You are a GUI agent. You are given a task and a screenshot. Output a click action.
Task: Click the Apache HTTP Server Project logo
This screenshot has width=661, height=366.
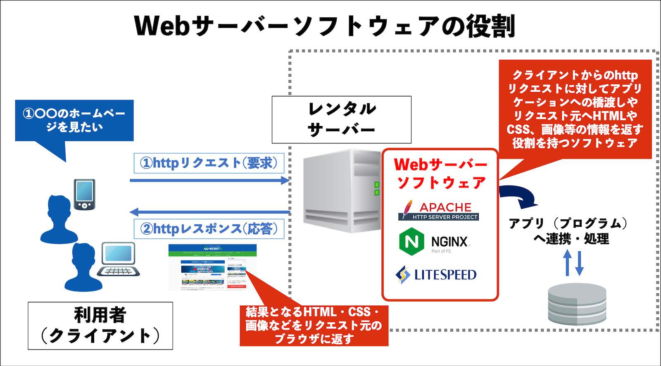click(x=439, y=210)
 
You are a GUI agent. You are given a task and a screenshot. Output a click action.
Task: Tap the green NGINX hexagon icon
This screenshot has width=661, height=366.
click(x=411, y=241)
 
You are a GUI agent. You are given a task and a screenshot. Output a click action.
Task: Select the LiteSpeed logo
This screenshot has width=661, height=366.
click(x=436, y=274)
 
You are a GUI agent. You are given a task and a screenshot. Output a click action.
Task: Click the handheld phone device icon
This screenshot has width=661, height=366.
click(x=84, y=194)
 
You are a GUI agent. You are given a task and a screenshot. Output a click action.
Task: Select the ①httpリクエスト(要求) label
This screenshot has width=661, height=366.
click(x=209, y=163)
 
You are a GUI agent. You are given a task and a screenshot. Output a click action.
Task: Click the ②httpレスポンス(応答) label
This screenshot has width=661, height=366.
click(x=209, y=228)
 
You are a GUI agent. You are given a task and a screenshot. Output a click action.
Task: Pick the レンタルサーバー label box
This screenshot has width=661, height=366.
click(x=341, y=119)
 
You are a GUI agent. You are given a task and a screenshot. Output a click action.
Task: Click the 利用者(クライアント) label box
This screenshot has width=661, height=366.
click(x=100, y=326)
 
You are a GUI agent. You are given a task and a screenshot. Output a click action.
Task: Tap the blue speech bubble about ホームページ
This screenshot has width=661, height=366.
click(x=74, y=120)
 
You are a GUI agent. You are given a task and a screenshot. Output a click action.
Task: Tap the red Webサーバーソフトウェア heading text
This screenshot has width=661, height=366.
click(x=440, y=173)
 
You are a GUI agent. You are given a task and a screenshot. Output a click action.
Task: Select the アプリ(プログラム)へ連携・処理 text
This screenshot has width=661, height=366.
click(x=571, y=231)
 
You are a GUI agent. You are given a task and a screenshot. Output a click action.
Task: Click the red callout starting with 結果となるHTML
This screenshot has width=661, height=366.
click(x=314, y=326)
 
